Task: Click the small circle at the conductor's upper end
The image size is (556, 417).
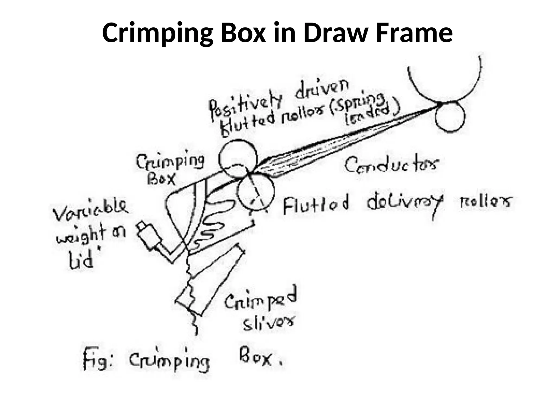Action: pos(450,117)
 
